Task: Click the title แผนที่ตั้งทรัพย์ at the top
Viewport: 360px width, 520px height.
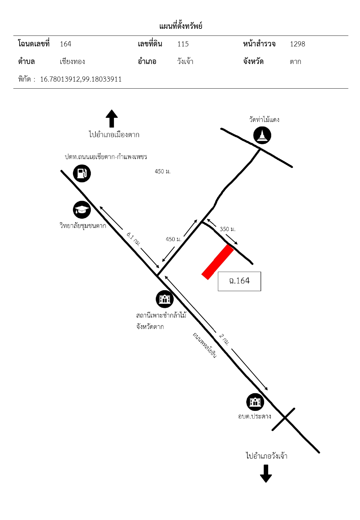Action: pyautogui.click(x=180, y=26)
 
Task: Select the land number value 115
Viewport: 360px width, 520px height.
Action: pyautogui.click(x=183, y=44)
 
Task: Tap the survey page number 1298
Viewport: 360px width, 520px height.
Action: pyautogui.click(x=297, y=44)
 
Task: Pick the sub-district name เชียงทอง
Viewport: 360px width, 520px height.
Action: pyautogui.click(x=72, y=61)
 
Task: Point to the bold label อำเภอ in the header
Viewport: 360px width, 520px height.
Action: pyautogui.click(x=147, y=61)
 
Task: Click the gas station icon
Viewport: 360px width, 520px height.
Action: pyautogui.click(x=82, y=173)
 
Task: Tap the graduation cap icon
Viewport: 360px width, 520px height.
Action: pyautogui.click(x=82, y=210)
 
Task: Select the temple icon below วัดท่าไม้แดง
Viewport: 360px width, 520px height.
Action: pyautogui.click(x=262, y=135)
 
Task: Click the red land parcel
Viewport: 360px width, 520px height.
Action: pyautogui.click(x=218, y=262)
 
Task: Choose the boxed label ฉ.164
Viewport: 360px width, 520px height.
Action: pyautogui.click(x=239, y=281)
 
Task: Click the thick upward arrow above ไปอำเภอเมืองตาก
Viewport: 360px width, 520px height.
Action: pyautogui.click(x=112, y=118)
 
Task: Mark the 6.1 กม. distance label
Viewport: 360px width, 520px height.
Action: pyautogui.click(x=133, y=239)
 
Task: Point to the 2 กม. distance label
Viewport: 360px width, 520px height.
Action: pyautogui.click(x=224, y=339)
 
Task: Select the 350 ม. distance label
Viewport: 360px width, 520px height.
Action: pyautogui.click(x=228, y=229)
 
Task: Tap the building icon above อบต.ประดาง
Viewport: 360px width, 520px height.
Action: pyautogui.click(x=255, y=402)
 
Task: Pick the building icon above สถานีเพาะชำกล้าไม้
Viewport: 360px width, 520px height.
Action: pyautogui.click(x=164, y=299)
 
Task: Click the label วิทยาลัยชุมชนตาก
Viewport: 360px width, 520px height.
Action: pyautogui.click(x=83, y=225)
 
